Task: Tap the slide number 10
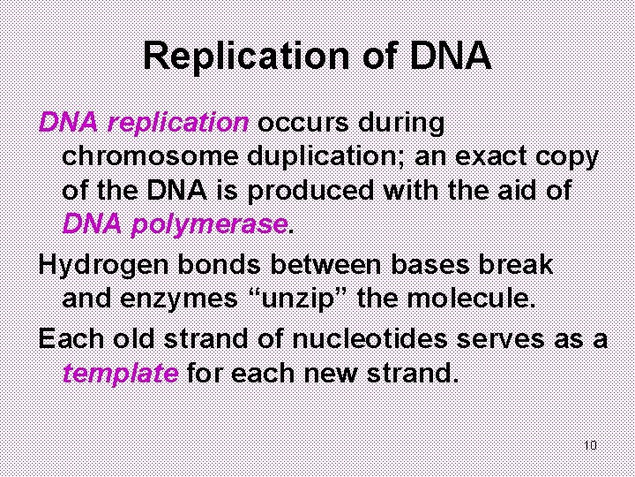click(x=590, y=444)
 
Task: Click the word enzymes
click(x=184, y=299)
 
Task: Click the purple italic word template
click(x=120, y=373)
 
